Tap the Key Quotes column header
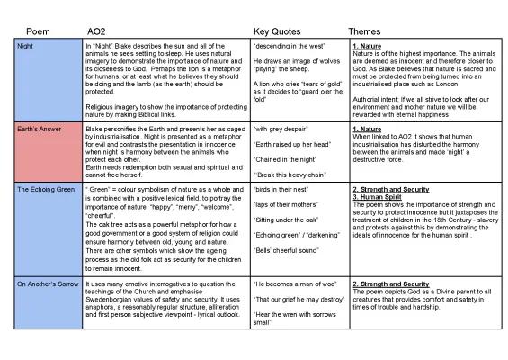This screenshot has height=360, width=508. pos(277,30)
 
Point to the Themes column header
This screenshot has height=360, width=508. pos(364,30)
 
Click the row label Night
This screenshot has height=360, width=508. pos(29,44)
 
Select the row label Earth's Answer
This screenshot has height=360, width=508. pos(42,130)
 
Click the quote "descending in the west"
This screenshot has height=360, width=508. pos(288,44)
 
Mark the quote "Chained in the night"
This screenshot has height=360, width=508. pos(286,158)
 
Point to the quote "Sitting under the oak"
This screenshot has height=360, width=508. pos(286,219)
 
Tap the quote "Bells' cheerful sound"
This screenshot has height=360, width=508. pos(287,248)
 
